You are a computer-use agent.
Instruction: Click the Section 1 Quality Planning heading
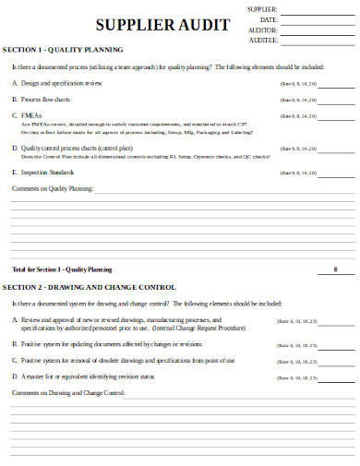click(x=63, y=49)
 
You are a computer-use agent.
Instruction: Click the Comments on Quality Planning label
click(x=53, y=187)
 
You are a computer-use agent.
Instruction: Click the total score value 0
click(x=334, y=269)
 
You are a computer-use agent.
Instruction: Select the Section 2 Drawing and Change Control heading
click(x=90, y=287)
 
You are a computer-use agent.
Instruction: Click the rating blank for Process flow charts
click(x=337, y=99)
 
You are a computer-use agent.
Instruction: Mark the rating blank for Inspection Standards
click(x=337, y=172)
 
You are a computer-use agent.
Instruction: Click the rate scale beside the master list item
click(x=297, y=376)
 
